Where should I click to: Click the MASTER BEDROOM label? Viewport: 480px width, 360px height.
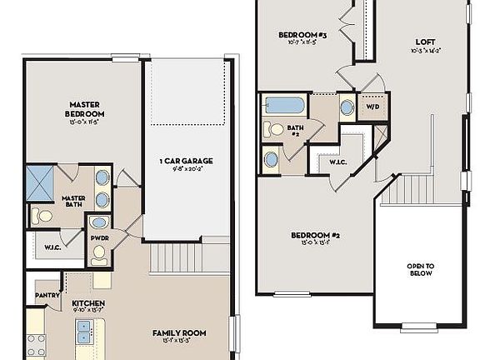(x=85, y=109)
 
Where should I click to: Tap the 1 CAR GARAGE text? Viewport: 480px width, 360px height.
(x=186, y=160)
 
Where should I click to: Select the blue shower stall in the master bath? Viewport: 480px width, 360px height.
(x=40, y=182)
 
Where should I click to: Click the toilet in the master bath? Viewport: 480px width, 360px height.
(x=43, y=217)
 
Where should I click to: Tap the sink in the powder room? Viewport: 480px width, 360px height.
(x=99, y=222)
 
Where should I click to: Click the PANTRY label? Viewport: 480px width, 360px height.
(x=46, y=296)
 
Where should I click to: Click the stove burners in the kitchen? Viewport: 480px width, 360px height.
(x=36, y=344)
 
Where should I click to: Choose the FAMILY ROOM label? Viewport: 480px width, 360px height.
(x=179, y=333)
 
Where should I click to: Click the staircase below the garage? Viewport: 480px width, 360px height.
(x=177, y=257)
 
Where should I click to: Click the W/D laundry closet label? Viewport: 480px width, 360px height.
(x=372, y=106)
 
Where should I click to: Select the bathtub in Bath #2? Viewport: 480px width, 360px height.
(x=284, y=106)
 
